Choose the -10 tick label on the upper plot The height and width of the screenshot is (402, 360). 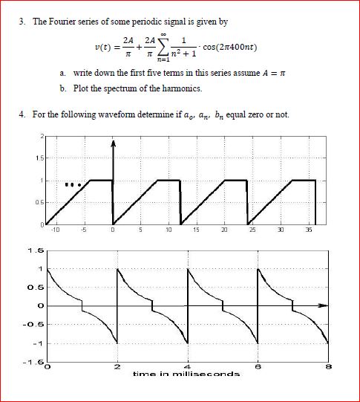click(55, 230)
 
